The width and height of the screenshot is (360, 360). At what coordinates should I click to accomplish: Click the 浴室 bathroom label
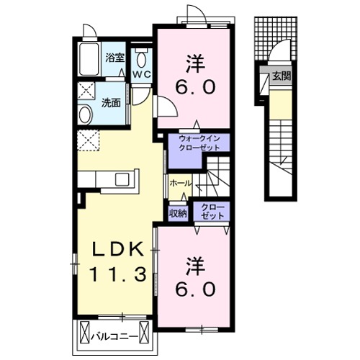pos(115,58)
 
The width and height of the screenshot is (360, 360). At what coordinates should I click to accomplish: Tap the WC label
pos(142,74)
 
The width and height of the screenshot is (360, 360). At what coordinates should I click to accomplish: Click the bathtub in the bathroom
pos(89,59)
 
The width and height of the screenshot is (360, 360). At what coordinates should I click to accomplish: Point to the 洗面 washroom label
pos(111,103)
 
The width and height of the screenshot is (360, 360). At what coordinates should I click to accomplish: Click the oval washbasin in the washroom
pos(85,115)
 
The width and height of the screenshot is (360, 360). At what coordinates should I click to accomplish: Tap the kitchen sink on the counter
pos(123,179)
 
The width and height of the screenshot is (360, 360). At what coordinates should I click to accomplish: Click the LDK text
pos(117,251)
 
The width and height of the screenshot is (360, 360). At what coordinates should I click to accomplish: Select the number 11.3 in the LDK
pos(118,274)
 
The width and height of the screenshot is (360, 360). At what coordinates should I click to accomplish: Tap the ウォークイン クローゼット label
pos(199,143)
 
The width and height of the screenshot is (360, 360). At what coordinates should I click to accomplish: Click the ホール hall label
pos(181,183)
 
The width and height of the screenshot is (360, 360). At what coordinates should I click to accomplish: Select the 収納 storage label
pos(179,213)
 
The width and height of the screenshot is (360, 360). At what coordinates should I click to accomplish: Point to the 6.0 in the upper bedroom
pos(195,87)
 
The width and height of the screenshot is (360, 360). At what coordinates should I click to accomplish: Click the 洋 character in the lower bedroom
pos(196,266)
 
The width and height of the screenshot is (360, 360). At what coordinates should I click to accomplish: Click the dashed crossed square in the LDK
pos(88,140)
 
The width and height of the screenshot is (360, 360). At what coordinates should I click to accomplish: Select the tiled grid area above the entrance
pos(276,38)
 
